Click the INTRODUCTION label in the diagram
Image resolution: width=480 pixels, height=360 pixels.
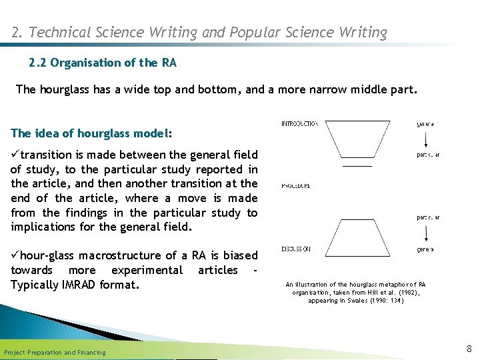[299, 124]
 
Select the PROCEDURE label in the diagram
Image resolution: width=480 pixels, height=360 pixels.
[295, 185]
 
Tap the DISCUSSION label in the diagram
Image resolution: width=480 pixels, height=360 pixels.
[295, 249]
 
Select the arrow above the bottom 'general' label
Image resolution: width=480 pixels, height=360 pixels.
[425, 233]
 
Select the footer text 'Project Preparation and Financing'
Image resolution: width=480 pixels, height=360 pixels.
[55, 352]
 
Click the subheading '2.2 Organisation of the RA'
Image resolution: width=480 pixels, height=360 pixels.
[103, 63]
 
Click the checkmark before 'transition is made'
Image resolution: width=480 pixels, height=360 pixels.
[15, 155]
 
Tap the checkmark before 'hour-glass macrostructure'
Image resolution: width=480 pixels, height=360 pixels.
[15, 256]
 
